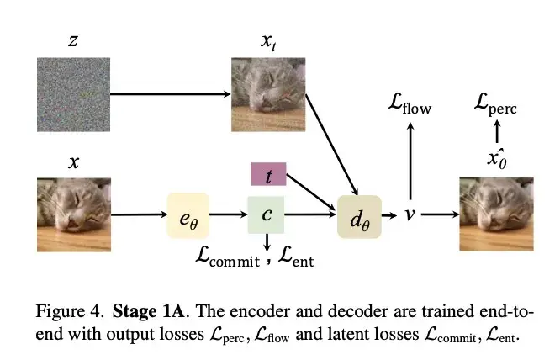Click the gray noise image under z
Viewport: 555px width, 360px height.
[x=73, y=95]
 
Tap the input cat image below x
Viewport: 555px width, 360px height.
[x=73, y=214]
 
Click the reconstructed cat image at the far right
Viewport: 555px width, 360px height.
[x=496, y=214]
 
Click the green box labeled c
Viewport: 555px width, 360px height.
[x=267, y=215]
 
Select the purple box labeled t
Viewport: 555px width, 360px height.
[x=268, y=175]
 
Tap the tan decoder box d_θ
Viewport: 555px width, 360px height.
[x=359, y=215]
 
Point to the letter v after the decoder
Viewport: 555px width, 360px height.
[x=410, y=215]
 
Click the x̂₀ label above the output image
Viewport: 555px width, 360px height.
[x=495, y=161]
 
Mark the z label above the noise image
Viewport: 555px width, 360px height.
[x=73, y=40]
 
